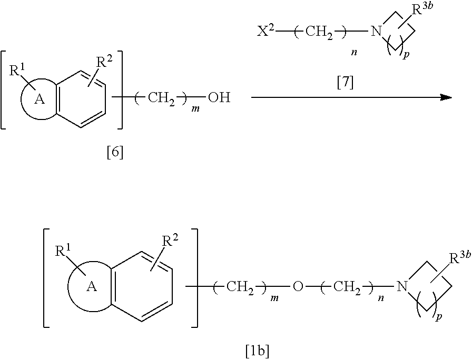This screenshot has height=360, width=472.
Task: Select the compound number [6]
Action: [x=114, y=154]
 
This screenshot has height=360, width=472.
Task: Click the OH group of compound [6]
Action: [x=219, y=98]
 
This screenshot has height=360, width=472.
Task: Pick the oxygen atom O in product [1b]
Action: [x=298, y=286]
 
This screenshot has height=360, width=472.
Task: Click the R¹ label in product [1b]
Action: [x=63, y=251]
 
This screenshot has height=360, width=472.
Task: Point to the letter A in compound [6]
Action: [x=38, y=99]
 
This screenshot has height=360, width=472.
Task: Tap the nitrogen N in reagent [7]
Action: [x=376, y=32]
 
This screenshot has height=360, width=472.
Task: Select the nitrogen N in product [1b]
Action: [x=402, y=286]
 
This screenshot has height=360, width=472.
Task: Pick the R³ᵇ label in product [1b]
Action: [x=459, y=259]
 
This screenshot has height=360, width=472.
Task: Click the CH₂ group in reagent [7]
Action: [x=319, y=32]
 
